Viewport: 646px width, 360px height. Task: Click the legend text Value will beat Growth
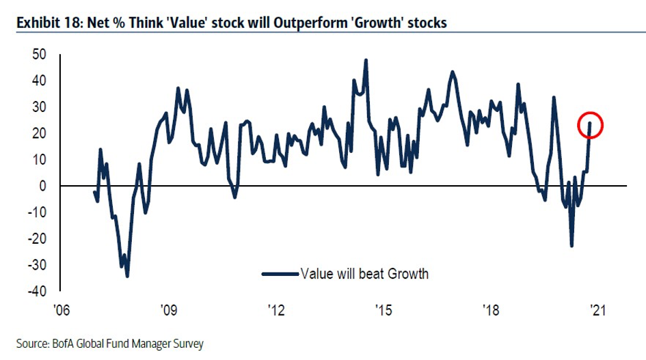tap(364, 274)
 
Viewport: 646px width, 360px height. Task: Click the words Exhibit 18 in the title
tap(45, 23)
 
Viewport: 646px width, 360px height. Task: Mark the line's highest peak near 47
tap(366, 60)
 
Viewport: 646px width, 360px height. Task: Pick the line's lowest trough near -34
tap(127, 276)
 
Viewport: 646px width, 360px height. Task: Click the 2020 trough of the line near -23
tap(571, 246)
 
